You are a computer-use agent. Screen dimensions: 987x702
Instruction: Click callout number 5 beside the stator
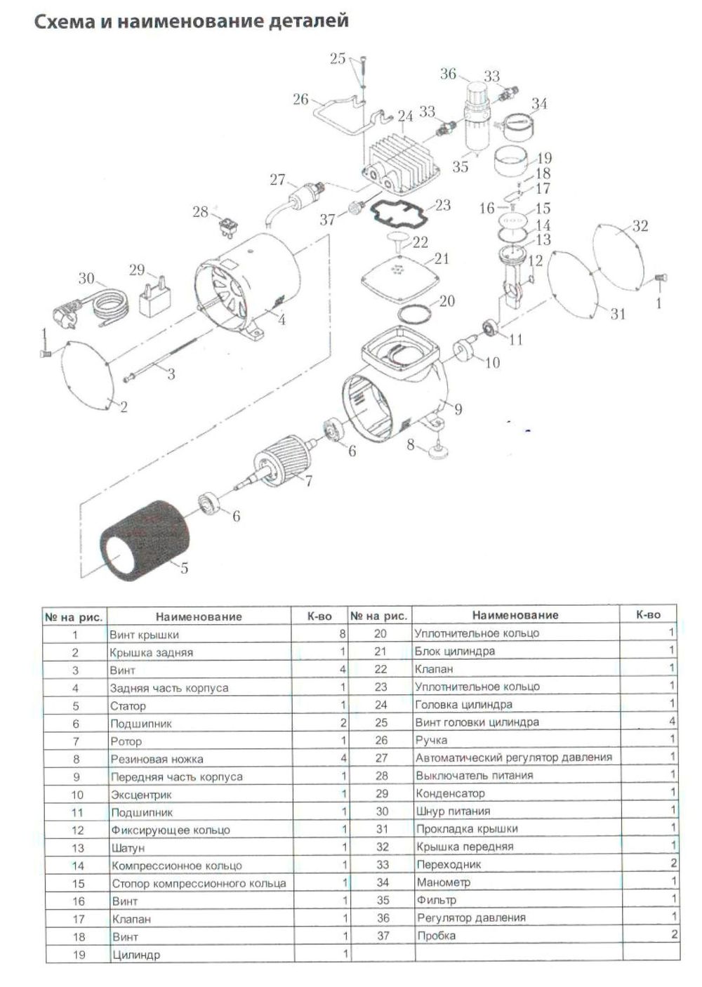(185, 568)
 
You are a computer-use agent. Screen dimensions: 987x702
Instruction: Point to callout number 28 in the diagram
(201, 211)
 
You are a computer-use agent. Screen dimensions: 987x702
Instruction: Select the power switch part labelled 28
(227, 226)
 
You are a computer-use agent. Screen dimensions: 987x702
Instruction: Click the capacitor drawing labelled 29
(157, 300)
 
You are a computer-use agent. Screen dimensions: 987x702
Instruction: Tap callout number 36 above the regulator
(448, 74)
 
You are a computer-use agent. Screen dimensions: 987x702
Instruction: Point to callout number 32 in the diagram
(640, 226)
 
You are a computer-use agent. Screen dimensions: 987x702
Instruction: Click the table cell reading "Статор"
(128, 706)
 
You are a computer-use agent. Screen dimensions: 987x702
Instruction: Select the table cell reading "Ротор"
(126, 741)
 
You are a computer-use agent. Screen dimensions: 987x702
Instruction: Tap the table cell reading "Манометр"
(443, 882)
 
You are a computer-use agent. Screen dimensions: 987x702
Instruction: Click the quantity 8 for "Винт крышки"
(343, 634)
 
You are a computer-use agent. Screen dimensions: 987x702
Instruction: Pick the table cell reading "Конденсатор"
(450, 793)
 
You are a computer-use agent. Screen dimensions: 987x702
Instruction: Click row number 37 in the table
(383, 936)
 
